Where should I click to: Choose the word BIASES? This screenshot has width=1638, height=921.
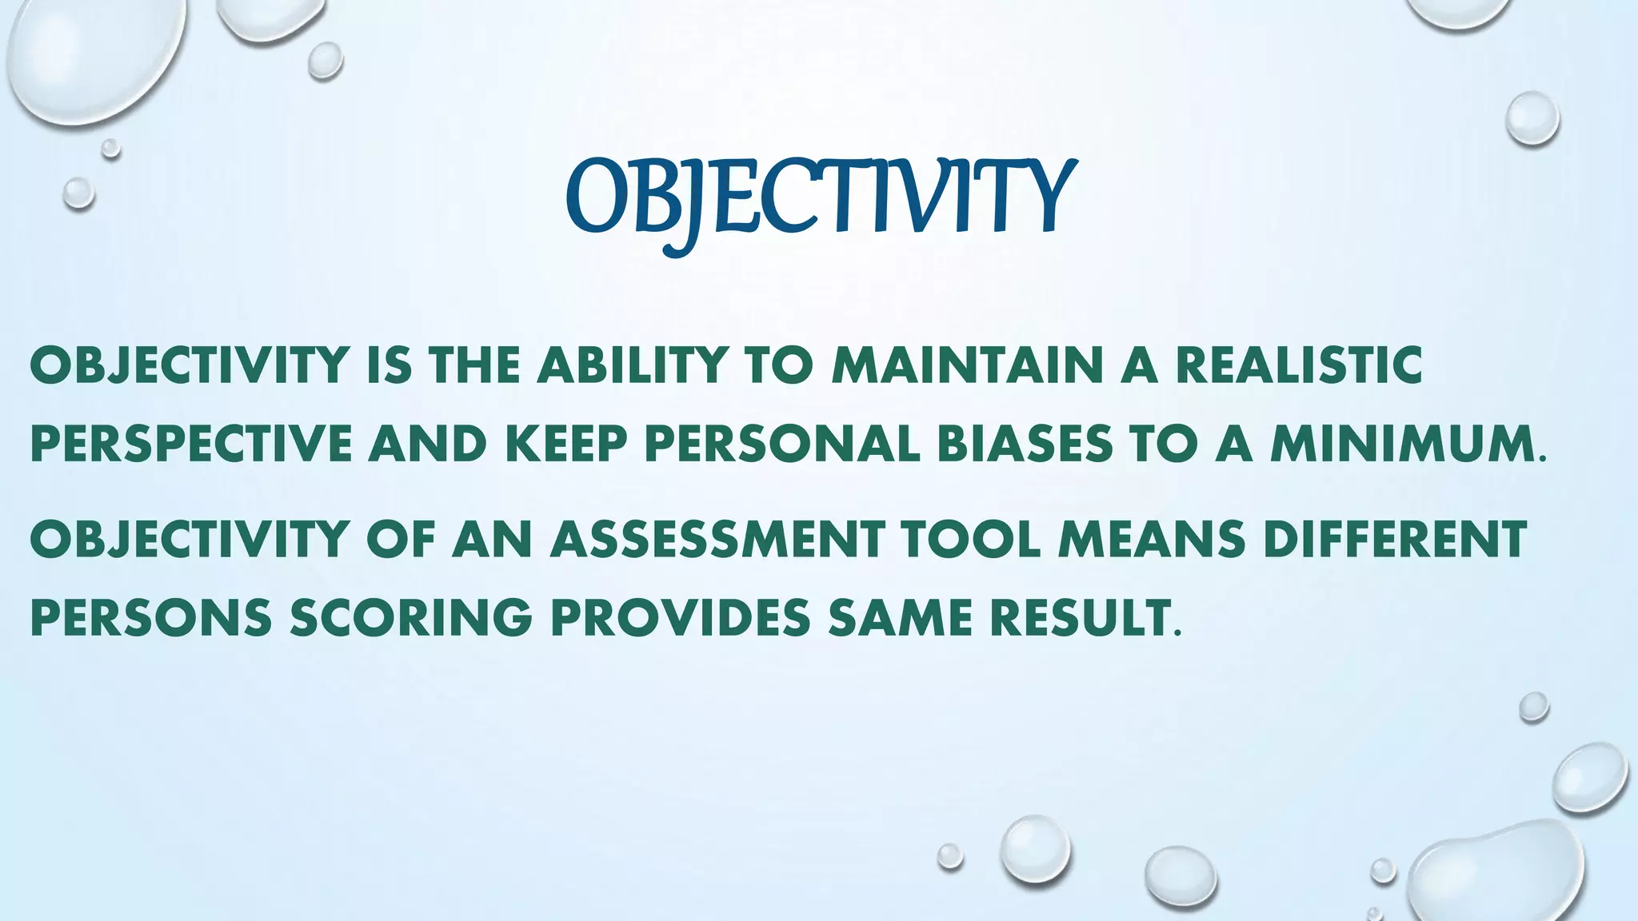1025,445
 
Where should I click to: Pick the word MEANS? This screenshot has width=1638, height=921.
1152,539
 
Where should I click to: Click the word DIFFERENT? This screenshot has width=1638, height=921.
1395,539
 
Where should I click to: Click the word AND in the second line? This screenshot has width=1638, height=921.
428,445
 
